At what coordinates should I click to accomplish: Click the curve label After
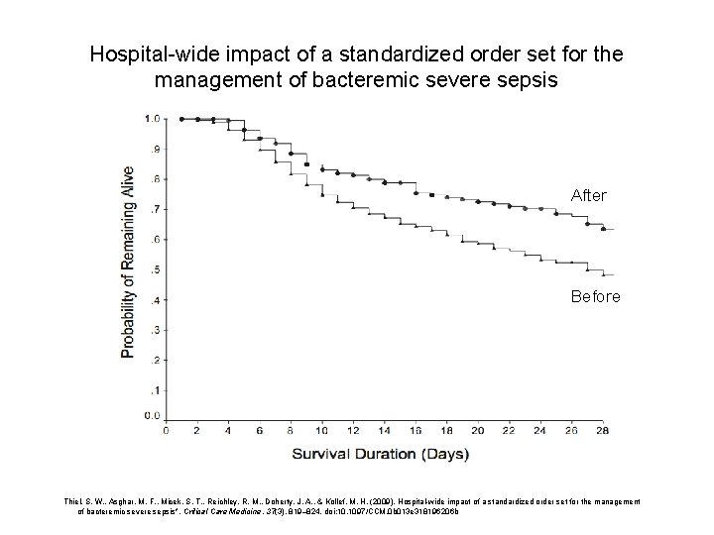pos(588,196)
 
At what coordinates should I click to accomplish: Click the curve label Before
pos(595,296)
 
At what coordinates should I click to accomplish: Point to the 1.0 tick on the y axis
pos(153,119)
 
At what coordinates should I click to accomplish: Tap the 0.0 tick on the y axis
pos(153,414)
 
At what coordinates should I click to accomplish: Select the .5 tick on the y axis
pos(155,269)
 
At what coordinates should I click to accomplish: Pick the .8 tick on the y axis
pos(155,179)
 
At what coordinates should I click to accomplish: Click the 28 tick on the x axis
pos(603,431)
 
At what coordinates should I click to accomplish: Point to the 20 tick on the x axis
pos(478,431)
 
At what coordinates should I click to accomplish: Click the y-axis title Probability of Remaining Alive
pos(128,261)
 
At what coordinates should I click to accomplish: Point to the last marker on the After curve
pos(603,228)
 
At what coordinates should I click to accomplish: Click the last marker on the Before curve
pos(587,268)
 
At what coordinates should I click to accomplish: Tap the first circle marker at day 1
pos(181,119)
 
